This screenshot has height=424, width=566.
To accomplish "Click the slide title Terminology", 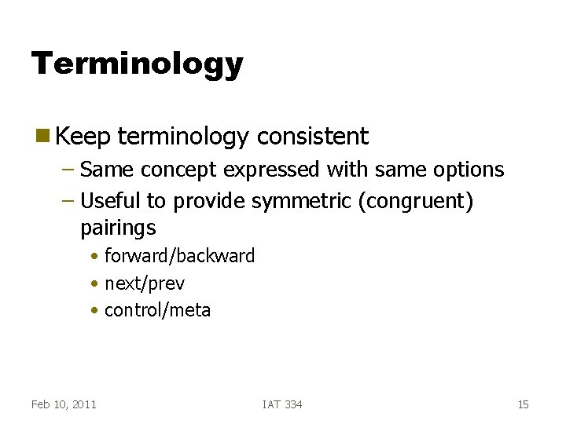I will point(137,64).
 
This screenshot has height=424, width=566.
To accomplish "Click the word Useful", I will point(112,202).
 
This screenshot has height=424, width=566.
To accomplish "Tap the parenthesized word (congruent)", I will point(415,202).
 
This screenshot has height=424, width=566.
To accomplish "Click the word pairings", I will point(118,228).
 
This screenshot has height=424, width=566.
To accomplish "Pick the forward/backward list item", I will point(179,256).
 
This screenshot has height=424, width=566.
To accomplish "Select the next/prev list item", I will point(144,283).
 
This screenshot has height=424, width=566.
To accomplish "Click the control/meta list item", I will point(157,310).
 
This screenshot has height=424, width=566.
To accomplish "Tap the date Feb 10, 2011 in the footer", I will point(64,404).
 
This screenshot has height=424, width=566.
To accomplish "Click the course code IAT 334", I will point(282,404).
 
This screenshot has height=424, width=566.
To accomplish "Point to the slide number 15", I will point(523,404).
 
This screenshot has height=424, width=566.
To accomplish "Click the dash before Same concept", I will point(68,170).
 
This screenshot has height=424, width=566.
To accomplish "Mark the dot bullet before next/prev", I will point(94,283).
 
